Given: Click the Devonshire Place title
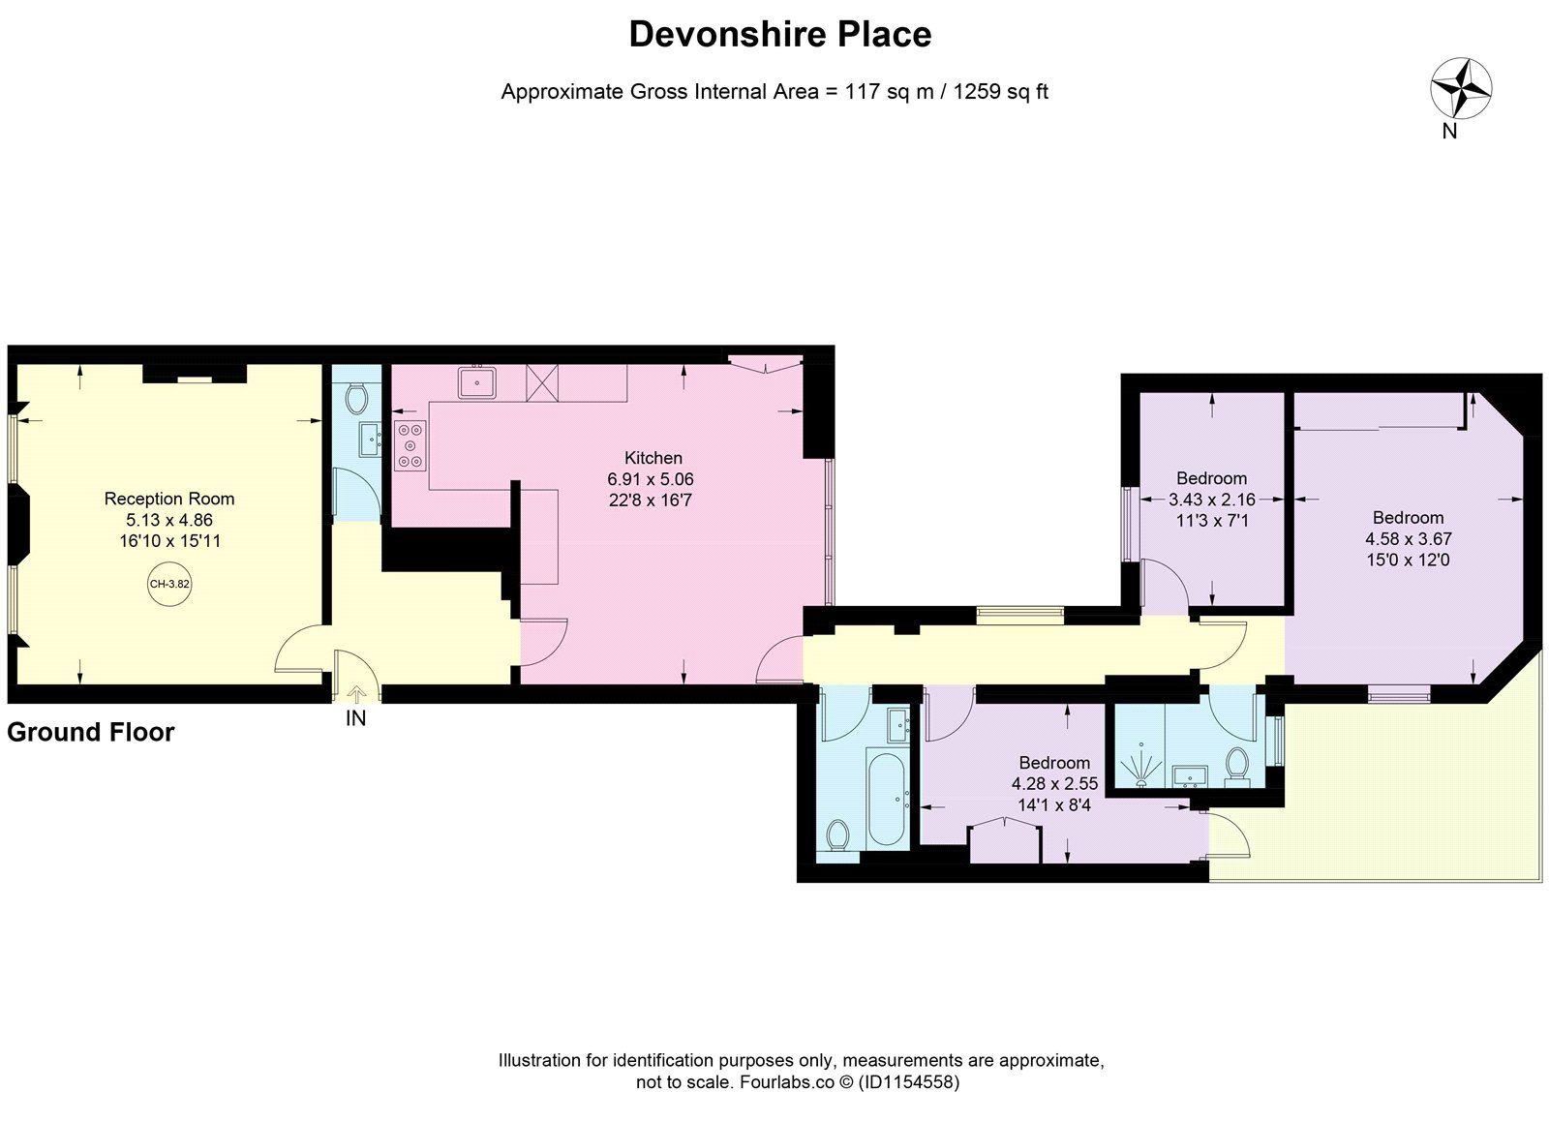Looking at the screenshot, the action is click(780, 35).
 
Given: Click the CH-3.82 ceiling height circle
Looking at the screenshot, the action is click(169, 584).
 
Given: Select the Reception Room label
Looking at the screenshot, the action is click(169, 499).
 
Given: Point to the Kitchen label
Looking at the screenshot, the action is click(653, 458).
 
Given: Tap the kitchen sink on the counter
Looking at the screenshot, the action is click(476, 381).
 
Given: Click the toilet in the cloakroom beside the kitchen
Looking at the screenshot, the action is click(357, 399).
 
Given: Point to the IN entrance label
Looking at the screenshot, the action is click(355, 718).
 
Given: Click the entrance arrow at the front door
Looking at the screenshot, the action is click(356, 694).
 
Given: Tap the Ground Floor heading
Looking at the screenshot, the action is click(91, 732).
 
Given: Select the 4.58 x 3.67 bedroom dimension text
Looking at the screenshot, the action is click(1408, 538).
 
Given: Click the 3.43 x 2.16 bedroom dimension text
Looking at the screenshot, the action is click(1211, 500).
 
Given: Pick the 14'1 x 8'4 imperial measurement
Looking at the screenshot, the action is click(1054, 804).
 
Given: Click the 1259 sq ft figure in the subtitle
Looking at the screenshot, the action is click(1001, 91).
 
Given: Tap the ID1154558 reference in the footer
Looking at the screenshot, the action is click(910, 1082).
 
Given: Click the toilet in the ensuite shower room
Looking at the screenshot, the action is click(1236, 768).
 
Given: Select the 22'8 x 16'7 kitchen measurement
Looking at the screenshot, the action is click(650, 500).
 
